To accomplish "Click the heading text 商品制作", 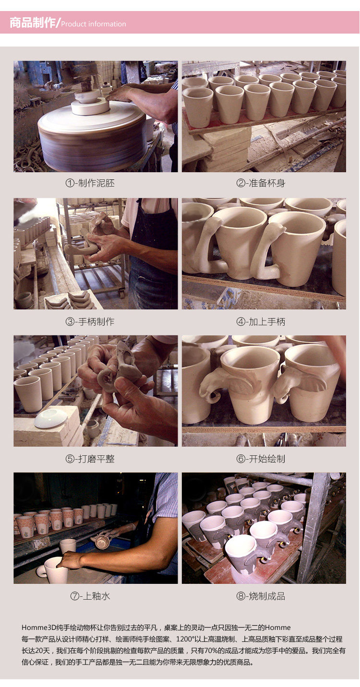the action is click(32, 23).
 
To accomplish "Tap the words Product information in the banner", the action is click(94, 24).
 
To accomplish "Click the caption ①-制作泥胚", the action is click(90, 183).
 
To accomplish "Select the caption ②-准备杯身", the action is click(261, 183).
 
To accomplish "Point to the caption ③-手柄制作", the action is click(90, 321).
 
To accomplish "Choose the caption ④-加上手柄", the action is click(261, 321).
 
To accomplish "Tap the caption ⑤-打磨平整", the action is click(90, 459).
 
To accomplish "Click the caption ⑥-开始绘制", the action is click(261, 459).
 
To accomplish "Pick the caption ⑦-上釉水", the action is click(90, 596).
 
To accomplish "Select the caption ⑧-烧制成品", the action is click(261, 596).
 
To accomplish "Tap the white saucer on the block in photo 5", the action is click(50, 417).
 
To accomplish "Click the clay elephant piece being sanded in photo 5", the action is click(120, 371).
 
